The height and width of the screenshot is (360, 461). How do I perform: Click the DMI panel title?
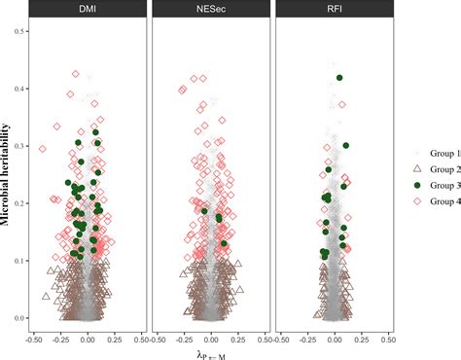pyautogui.click(x=88, y=11)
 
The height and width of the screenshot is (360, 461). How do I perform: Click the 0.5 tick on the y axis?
pyautogui.click(x=19, y=33)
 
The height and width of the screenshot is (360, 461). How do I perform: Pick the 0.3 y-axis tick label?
pyautogui.click(x=19, y=147)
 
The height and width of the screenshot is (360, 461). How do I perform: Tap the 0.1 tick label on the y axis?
pyautogui.click(x=19, y=261)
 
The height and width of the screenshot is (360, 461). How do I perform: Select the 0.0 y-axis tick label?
pyautogui.click(x=19, y=318)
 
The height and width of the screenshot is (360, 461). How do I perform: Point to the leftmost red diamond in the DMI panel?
pyautogui.click(x=42, y=149)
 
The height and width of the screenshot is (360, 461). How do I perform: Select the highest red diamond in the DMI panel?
pyautogui.click(x=76, y=73)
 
